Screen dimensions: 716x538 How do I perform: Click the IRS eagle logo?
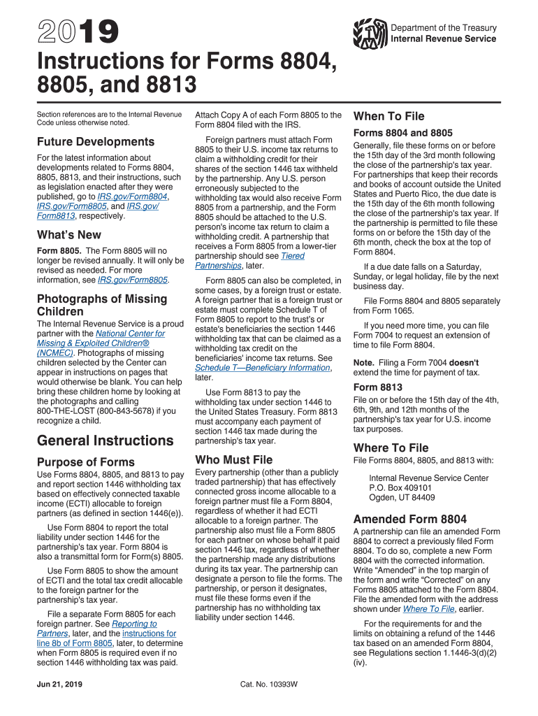click(x=370, y=33)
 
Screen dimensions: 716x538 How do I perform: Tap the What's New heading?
click(x=68, y=235)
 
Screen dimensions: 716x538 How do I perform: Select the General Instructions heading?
click(x=105, y=441)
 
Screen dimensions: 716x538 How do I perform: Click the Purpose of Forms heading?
click(x=85, y=461)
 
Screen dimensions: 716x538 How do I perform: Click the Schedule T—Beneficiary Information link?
click(x=263, y=368)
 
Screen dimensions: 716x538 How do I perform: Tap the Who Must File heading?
click(x=234, y=459)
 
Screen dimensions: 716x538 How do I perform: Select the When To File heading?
click(x=389, y=116)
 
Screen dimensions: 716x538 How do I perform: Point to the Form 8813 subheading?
click(x=377, y=387)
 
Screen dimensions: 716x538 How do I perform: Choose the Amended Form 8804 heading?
click(x=410, y=519)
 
